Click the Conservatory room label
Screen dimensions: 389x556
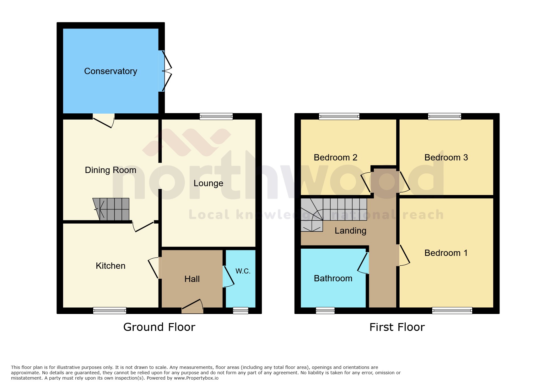[x=111, y=71]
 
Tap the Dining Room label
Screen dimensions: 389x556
[x=111, y=170]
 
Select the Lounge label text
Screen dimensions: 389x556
[x=208, y=183]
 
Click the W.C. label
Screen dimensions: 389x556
[x=243, y=271]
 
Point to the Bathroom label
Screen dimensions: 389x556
[x=333, y=278]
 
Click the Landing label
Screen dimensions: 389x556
[x=350, y=231]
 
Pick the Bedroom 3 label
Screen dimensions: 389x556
[x=446, y=158]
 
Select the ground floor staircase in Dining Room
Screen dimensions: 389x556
[x=111, y=209]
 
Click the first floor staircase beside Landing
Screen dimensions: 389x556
[x=333, y=210]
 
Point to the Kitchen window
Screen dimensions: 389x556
[x=110, y=311]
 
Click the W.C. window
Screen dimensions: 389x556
[x=240, y=311]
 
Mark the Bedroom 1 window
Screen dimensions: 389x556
[x=452, y=311]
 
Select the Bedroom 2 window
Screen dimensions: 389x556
[x=339, y=116]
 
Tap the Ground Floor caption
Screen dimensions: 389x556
[x=159, y=327]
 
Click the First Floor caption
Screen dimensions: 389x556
[x=397, y=327]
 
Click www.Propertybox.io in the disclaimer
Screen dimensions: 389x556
[x=196, y=378]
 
